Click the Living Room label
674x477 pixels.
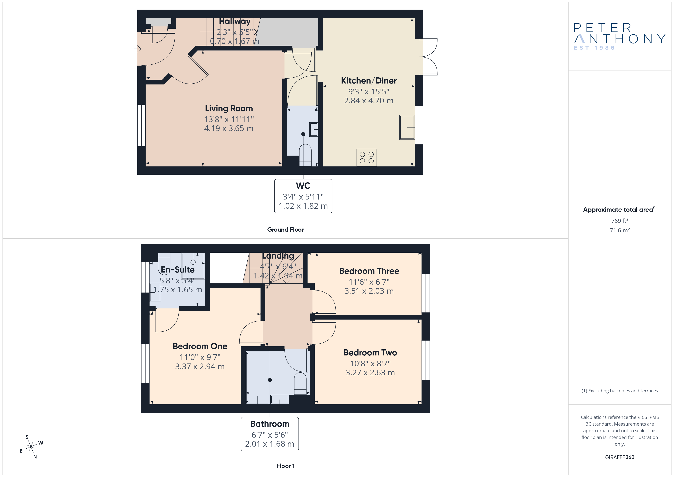pos(229,108)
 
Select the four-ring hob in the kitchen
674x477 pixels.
pos(367,158)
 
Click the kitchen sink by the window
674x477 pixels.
pos(407,127)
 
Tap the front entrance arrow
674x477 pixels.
pos(138,49)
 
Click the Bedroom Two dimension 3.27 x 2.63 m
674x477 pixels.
pos(370,373)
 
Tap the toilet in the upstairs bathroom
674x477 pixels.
pos(300,384)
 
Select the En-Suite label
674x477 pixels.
pos(178,270)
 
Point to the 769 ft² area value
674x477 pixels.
pos(620,221)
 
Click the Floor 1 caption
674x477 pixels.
pos(285,466)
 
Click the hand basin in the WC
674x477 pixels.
pos(314,130)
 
